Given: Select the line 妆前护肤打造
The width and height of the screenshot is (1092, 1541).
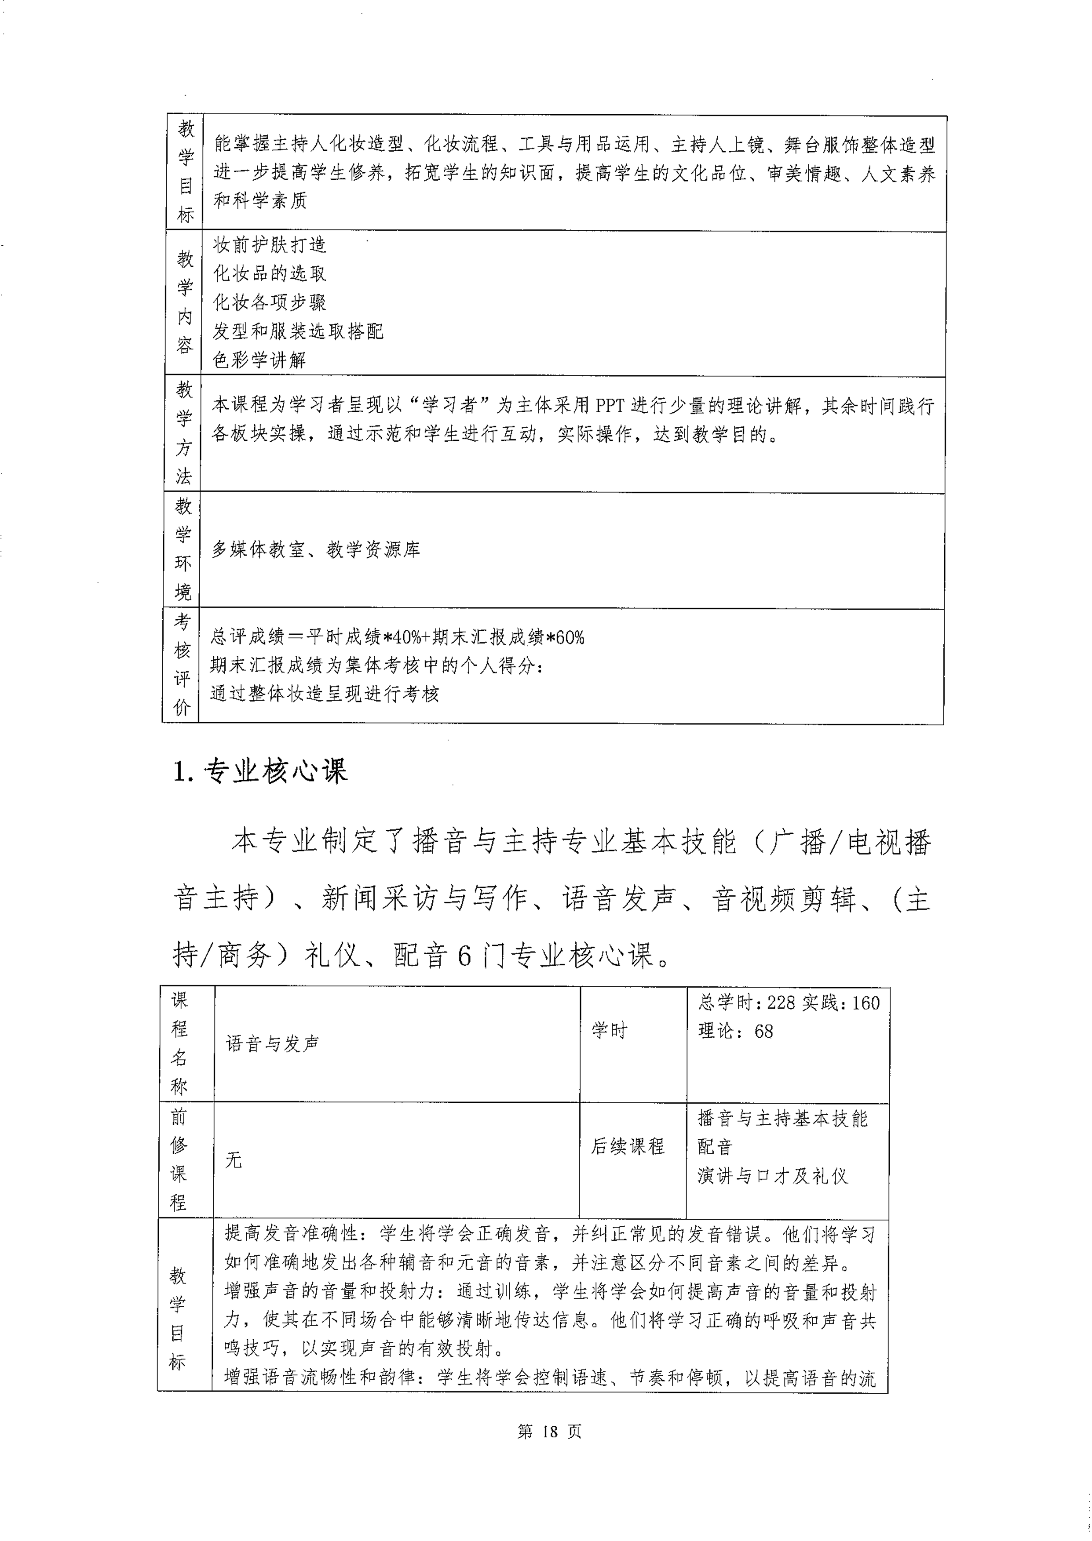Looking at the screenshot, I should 270,245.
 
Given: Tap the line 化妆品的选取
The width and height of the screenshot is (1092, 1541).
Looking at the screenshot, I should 270,273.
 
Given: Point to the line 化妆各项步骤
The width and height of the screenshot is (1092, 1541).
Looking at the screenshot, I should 270,302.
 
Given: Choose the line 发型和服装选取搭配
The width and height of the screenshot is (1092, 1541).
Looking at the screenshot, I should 298,331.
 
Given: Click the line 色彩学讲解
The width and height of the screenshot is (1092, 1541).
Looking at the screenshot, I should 259,360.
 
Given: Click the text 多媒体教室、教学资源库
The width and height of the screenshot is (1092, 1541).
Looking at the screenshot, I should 316,550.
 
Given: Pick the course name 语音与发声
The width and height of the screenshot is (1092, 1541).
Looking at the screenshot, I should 272,1044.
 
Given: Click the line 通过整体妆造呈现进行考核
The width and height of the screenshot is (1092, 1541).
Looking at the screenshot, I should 325,694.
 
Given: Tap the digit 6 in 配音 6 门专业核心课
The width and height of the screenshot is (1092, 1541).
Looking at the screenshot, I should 464,956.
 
